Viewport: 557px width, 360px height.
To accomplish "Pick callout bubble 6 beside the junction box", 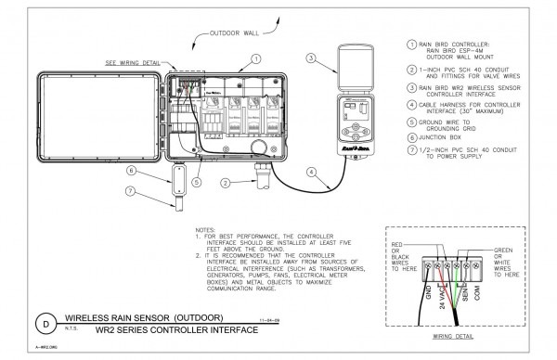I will [x=134, y=171].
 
